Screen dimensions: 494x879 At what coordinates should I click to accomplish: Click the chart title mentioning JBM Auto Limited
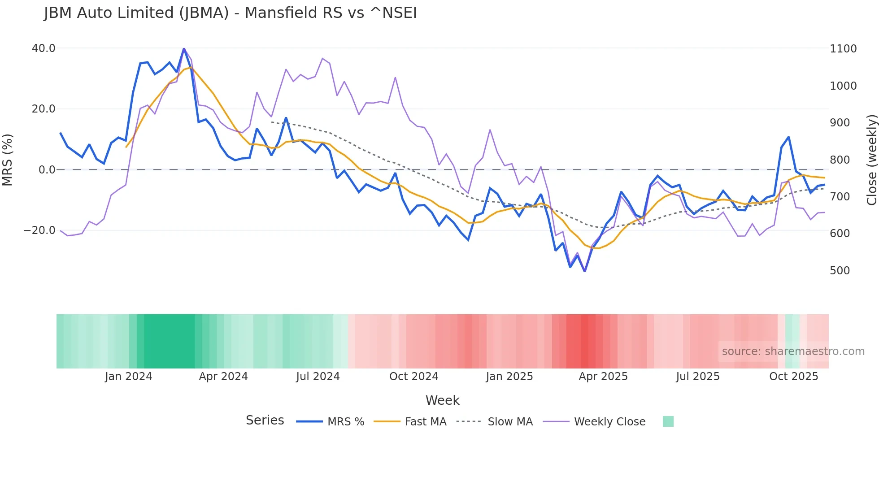pos(230,13)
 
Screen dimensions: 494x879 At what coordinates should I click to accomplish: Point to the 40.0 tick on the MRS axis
pos(44,48)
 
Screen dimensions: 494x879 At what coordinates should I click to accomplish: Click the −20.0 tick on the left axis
pos(39,230)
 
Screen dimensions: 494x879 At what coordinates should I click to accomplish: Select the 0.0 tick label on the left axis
pos(47,170)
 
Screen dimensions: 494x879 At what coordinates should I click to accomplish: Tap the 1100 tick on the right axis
pos(843,49)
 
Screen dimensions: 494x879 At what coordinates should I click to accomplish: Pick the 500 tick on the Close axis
pos(840,271)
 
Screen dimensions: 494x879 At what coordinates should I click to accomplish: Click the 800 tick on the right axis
pos(840,160)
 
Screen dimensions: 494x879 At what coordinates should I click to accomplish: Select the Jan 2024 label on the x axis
pos(129,377)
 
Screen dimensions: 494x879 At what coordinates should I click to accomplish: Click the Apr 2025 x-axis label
pos(603,377)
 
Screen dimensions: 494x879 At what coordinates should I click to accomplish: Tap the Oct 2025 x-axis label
pos(794,377)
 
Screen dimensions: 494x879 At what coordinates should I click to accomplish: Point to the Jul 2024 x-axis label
pos(318,377)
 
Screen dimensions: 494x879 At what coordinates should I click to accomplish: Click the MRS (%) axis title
pos(8,160)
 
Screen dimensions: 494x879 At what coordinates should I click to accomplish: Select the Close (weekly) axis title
pos(871,160)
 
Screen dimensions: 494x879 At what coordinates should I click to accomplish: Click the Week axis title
pos(442,400)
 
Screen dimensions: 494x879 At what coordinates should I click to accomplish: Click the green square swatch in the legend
pos(668,421)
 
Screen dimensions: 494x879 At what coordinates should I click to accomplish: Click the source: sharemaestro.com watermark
pos(793,351)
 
